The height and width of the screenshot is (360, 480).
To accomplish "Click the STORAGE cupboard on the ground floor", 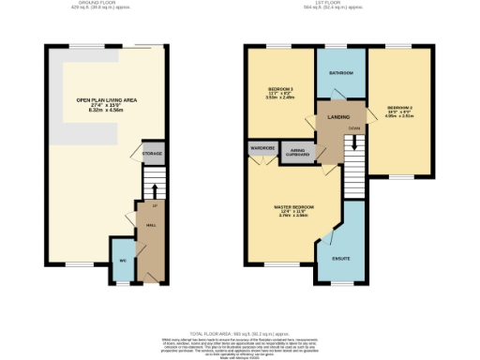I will (152, 154).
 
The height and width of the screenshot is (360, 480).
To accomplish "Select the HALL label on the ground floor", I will (150, 226).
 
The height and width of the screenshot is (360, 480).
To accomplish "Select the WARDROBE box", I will (260, 148).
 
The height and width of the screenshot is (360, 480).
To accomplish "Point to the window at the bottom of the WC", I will (123, 284).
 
